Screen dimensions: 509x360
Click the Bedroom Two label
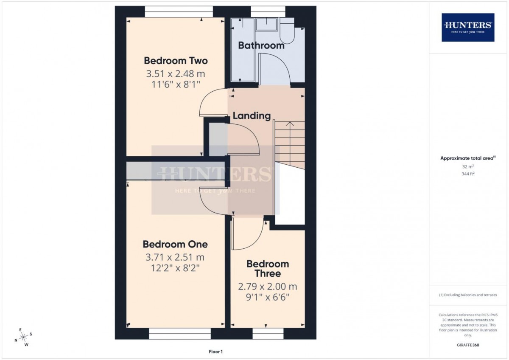pyautogui.click(x=176, y=61)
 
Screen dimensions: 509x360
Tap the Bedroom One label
pyautogui.click(x=175, y=244)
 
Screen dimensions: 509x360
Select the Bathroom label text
pyautogui.click(x=261, y=45)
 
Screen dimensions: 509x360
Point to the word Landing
pyautogui.click(x=252, y=116)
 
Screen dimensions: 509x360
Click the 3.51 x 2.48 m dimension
pyautogui.click(x=176, y=74)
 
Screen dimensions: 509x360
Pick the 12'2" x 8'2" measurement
pyautogui.click(x=175, y=268)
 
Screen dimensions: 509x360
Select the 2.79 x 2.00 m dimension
pyautogui.click(x=268, y=287)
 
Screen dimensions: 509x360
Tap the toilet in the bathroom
pyautogui.click(x=287, y=31)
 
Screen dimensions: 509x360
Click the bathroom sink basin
pyautogui.click(x=266, y=24)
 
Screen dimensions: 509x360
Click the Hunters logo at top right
pyautogui.click(x=468, y=27)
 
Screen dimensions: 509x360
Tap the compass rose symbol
pyautogui.click(x=23, y=337)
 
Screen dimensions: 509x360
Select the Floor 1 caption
pyautogui.click(x=215, y=352)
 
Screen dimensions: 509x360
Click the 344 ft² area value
pyautogui.click(x=468, y=174)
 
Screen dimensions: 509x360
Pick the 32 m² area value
pyautogui.click(x=468, y=167)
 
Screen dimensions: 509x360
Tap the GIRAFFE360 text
pyautogui.click(x=468, y=345)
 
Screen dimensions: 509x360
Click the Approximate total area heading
pyautogui.click(x=468, y=158)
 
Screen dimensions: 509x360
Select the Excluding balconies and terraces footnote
pyautogui.click(x=468, y=295)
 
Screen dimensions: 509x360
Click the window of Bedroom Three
pyautogui.click(x=268, y=334)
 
